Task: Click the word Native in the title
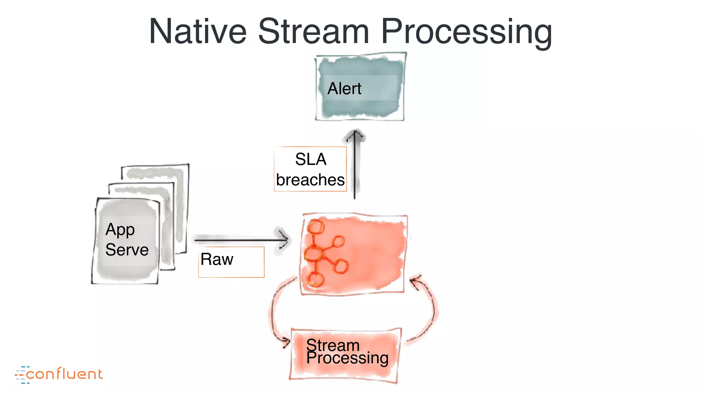coord(197,31)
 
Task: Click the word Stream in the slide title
coord(313,31)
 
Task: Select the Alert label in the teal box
coord(344,89)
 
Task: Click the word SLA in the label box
coord(310,159)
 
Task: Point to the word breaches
coord(310,180)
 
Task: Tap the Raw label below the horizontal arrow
coord(217,259)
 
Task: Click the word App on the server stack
coord(120,230)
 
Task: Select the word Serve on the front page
coord(127,250)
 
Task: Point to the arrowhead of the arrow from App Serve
coord(284,239)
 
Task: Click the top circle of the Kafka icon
coord(316,227)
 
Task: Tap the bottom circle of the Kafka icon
coord(316,280)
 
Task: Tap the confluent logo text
coord(64,374)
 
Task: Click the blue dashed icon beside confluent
coord(21,375)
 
